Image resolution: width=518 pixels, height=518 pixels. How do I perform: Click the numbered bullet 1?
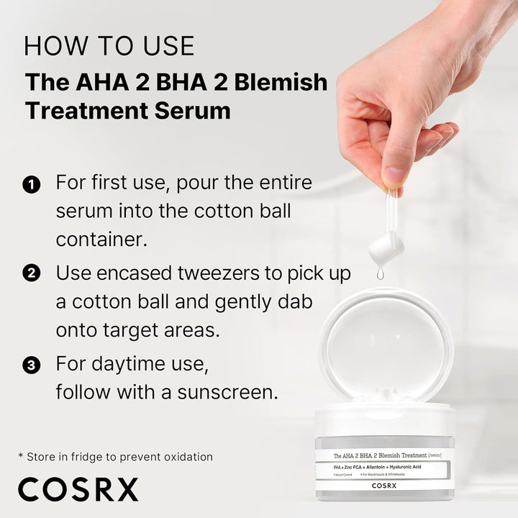point(31,185)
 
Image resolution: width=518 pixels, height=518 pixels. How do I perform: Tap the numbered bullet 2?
point(31,274)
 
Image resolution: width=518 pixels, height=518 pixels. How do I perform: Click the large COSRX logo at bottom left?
point(78,489)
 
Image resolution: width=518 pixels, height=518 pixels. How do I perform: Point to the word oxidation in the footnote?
point(186,456)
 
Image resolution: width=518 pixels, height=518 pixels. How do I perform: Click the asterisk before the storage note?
point(21,455)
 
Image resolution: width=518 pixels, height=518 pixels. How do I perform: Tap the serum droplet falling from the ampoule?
point(380,273)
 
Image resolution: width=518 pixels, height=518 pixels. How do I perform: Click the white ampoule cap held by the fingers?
point(386,248)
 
